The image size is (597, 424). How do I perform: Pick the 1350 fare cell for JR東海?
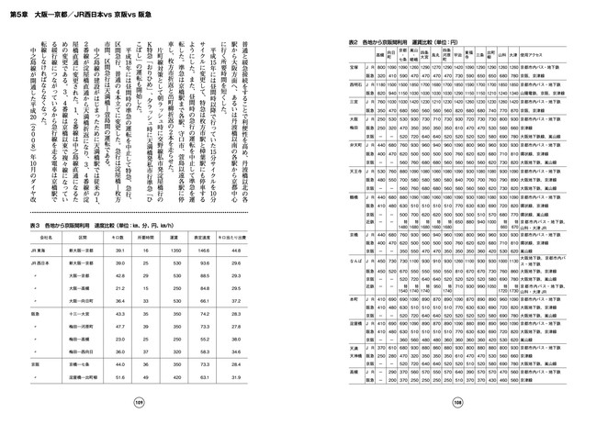coord(176,251)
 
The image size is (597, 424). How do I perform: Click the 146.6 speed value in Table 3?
coord(206,251)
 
